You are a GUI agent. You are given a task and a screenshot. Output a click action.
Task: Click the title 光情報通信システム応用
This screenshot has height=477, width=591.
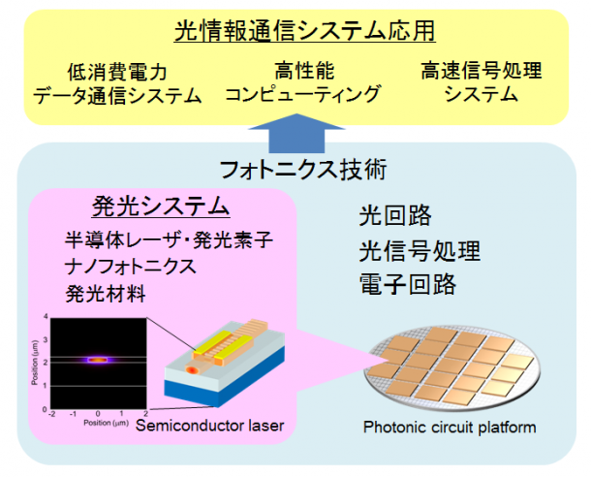(x=305, y=31)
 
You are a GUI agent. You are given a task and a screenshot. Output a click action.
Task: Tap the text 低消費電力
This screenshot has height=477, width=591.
(x=117, y=72)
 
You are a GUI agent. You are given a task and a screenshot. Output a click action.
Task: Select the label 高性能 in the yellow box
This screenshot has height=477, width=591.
(x=304, y=71)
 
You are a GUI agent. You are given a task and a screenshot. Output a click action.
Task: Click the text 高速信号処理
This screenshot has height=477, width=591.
(x=482, y=71)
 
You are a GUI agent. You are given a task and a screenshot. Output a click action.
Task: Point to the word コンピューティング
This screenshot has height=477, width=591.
(x=303, y=93)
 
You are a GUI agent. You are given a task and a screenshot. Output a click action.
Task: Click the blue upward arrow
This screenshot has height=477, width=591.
(x=296, y=134)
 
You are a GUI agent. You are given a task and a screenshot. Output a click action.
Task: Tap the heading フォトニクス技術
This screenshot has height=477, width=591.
(x=304, y=170)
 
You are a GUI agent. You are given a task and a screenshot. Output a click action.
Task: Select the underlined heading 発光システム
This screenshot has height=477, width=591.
(x=161, y=207)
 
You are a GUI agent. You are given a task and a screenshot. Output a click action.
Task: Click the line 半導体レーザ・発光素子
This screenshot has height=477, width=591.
(x=169, y=240)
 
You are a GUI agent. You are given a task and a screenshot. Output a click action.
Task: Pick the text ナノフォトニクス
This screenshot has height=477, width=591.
(x=131, y=267)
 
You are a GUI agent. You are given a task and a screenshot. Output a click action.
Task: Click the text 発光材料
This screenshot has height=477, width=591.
(x=106, y=294)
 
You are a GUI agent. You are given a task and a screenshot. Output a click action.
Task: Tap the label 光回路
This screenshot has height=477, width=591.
(x=395, y=215)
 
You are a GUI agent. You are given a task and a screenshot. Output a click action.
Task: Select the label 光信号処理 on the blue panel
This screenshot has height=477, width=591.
(x=420, y=251)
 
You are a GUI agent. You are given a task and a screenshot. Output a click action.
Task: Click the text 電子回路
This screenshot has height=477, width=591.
(x=408, y=284)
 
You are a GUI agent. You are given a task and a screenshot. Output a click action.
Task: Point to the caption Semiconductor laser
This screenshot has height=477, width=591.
(x=209, y=426)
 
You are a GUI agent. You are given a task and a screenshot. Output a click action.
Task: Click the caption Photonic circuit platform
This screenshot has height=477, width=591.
(x=450, y=428)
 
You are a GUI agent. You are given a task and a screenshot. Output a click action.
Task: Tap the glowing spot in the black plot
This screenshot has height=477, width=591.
(x=98, y=360)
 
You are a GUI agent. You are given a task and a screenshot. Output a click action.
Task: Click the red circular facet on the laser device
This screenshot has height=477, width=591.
(x=193, y=370)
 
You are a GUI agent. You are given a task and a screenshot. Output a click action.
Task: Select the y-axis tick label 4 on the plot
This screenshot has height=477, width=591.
(x=46, y=316)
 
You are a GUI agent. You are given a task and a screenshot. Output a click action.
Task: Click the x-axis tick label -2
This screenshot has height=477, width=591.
(x=52, y=414)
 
